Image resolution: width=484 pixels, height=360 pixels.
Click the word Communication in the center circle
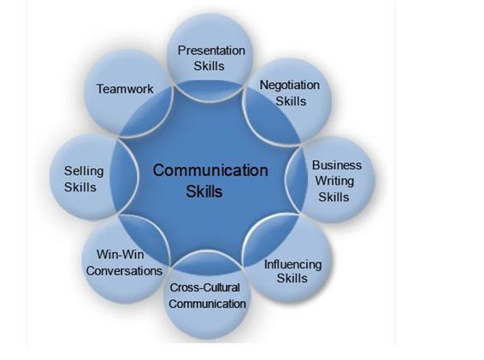point(210,170)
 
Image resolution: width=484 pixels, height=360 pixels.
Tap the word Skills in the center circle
point(204,192)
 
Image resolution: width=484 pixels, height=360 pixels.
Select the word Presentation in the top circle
point(211,50)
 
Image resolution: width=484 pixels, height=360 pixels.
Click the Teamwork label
point(125,89)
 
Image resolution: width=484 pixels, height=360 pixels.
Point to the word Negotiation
point(290,86)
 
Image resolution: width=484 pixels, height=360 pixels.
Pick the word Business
point(337,165)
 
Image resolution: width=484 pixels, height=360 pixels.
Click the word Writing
point(334,181)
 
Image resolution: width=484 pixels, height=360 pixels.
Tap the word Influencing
point(293,264)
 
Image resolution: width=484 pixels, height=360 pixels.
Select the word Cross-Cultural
point(204,288)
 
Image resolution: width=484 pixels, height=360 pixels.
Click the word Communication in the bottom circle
point(208,304)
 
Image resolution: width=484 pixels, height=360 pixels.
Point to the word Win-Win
point(120,255)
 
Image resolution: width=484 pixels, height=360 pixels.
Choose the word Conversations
point(124,271)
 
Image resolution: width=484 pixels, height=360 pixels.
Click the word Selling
point(84,171)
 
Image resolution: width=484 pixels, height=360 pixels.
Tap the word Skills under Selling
point(80,187)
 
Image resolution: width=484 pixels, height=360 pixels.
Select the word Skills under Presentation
point(209,66)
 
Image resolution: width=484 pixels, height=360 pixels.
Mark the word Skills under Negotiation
point(291,101)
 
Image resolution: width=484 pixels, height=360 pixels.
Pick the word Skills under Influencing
point(292,278)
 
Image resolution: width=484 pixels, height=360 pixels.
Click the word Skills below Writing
point(333,197)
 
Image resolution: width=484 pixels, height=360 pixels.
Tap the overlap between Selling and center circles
point(124,176)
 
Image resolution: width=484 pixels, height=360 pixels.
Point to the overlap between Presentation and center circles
point(210,91)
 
